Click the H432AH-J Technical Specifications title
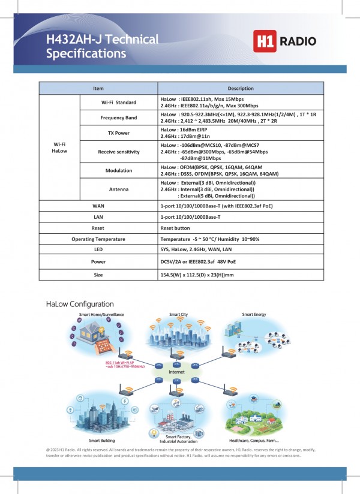(x=103, y=46)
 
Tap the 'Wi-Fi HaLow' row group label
(x=59, y=148)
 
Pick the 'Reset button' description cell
(x=176, y=228)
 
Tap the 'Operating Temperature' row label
(x=98, y=239)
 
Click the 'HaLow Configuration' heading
(x=80, y=305)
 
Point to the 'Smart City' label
(x=178, y=315)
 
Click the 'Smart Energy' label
(x=254, y=315)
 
